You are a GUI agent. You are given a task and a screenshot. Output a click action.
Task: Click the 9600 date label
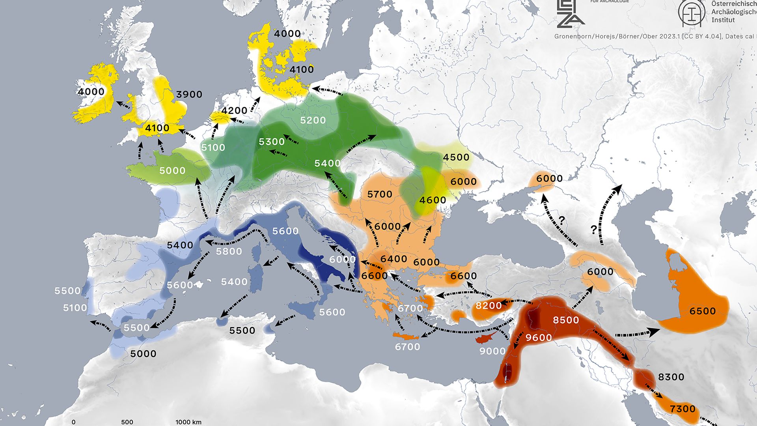pyautogui.click(x=539, y=338)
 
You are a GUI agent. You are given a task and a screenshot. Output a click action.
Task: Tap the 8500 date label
pyautogui.click(x=566, y=320)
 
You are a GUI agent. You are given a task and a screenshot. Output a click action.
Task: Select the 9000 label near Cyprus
pyautogui.click(x=492, y=351)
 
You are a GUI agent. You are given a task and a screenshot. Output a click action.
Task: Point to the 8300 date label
pyautogui.click(x=671, y=377)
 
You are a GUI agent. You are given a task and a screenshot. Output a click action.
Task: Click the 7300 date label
pyautogui.click(x=682, y=409)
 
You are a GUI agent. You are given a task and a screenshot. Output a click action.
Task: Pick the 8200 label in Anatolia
pyautogui.click(x=489, y=306)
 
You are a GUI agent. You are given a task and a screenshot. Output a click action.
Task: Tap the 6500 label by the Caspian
pyautogui.click(x=702, y=311)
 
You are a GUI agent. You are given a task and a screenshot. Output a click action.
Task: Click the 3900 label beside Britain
pyautogui.click(x=189, y=95)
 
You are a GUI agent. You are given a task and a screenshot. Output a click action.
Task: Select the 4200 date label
pyautogui.click(x=234, y=111)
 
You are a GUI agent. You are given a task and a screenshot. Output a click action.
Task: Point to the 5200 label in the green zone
pyautogui.click(x=313, y=120)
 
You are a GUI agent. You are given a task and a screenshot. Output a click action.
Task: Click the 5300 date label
pyautogui.click(x=272, y=142)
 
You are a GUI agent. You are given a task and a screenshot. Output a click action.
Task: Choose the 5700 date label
pyautogui.click(x=380, y=194)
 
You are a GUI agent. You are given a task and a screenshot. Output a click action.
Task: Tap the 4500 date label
pyautogui.click(x=456, y=157)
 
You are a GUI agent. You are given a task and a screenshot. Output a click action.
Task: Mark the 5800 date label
pyautogui.click(x=229, y=252)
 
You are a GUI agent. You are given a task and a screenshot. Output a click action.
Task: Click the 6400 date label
pyautogui.click(x=393, y=259)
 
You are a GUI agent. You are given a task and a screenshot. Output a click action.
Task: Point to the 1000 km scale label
pyautogui.click(x=188, y=422)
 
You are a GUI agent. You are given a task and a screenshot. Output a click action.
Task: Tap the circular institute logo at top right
pyautogui.click(x=692, y=13)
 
